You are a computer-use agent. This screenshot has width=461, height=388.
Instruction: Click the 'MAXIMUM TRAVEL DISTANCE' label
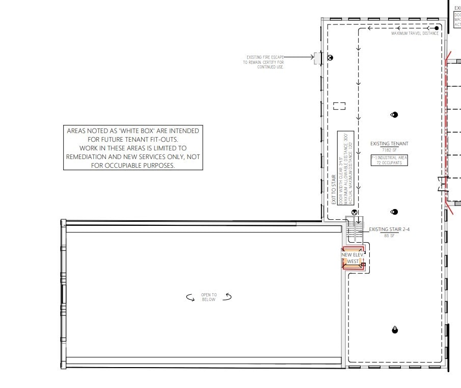coord(415,34)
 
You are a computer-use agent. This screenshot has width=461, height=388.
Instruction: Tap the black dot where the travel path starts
coord(437,28)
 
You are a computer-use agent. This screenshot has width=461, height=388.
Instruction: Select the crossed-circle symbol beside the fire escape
coord(330,58)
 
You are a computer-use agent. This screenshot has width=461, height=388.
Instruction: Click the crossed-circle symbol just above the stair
coord(355,212)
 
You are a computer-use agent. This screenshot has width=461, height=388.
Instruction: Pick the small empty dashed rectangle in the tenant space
coord(339,106)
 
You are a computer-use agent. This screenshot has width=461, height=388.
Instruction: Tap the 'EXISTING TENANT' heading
coord(389,144)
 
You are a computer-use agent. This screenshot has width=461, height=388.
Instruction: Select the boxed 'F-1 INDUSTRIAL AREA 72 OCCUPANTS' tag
coord(389,161)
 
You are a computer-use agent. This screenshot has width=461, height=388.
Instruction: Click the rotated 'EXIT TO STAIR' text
coord(334,190)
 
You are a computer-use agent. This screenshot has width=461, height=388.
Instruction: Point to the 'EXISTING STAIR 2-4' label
coord(389,229)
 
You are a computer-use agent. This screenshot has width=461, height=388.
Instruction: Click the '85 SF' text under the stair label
coord(389,235)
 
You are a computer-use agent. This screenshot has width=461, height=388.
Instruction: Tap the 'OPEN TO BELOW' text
coord(208,297)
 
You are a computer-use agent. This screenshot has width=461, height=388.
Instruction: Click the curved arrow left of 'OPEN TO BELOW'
coord(191,298)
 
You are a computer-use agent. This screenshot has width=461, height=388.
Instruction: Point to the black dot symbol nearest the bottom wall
coord(394,330)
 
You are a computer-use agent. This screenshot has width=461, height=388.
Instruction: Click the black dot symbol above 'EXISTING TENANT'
coord(394,115)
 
